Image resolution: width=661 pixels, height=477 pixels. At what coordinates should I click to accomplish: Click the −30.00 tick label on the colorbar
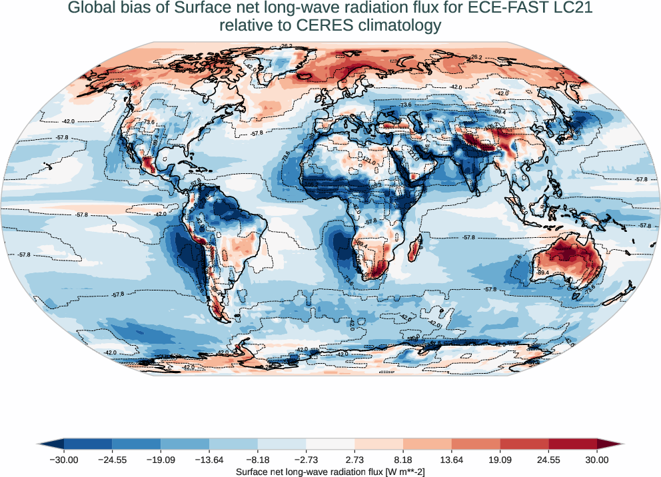coord(64,460)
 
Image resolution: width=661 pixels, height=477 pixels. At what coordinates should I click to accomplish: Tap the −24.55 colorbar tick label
coord(112,460)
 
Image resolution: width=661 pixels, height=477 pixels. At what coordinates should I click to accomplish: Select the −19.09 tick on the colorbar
coord(161,460)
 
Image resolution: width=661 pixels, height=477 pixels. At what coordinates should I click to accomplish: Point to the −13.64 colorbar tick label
coord(209,460)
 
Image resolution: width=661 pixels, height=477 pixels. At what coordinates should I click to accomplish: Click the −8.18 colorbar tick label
coord(258,460)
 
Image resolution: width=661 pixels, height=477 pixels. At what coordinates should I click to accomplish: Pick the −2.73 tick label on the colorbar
coord(307,460)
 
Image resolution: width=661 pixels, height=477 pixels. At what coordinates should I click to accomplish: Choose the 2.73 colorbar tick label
coord(355,460)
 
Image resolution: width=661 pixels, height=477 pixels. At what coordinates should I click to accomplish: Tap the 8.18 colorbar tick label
coord(403,460)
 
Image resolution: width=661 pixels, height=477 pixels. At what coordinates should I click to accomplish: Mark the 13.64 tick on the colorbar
coord(452,460)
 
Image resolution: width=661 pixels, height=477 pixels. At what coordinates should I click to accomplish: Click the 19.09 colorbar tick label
coord(500,460)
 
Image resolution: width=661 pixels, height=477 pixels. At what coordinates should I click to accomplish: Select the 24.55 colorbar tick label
coord(549,460)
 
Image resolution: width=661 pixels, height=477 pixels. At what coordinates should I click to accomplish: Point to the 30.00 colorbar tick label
coord(597,460)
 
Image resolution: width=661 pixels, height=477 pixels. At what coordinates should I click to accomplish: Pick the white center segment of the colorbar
coord(330,444)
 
